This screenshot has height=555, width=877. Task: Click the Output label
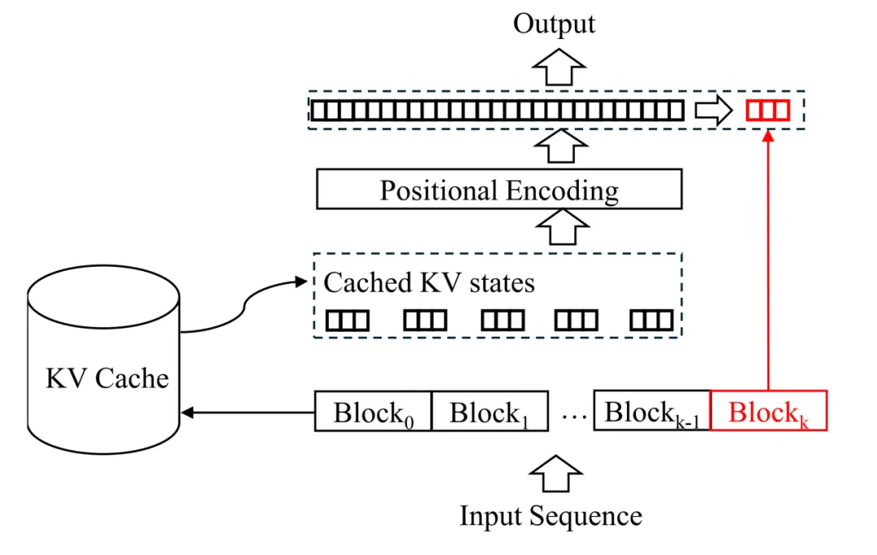(554, 24)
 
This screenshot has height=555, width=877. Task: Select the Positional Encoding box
(499, 191)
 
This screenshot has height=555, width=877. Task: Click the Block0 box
(372, 413)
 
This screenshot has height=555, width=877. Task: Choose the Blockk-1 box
(652, 411)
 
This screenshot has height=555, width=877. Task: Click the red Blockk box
(768, 411)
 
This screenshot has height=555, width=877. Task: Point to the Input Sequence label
(551, 516)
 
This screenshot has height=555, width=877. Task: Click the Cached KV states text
(430, 282)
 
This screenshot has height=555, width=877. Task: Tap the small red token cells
(767, 110)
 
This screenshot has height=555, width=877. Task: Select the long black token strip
(498, 110)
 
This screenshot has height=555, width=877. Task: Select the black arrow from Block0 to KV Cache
(248, 413)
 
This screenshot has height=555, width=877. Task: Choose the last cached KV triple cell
(652, 321)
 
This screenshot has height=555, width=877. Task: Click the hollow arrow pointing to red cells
(714, 110)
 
